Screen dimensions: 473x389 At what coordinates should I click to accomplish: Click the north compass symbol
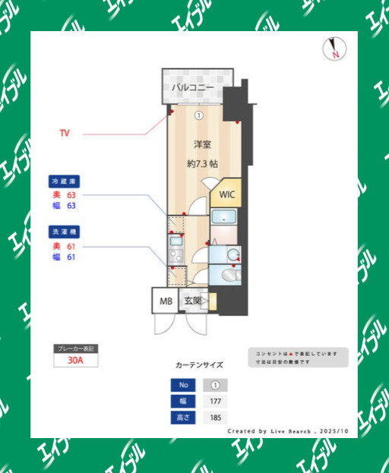tap(334, 49)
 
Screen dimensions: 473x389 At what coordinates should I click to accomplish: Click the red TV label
tap(65, 133)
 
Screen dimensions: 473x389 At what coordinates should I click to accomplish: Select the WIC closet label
tap(227, 194)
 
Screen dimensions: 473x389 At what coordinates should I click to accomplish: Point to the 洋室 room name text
tap(201, 144)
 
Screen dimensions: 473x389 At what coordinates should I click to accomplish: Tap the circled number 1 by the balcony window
tap(198, 115)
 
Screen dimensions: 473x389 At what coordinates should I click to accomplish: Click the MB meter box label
tap(166, 301)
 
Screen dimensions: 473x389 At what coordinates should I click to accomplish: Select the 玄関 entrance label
tap(192, 301)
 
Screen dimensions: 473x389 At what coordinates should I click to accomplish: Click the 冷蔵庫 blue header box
tap(65, 182)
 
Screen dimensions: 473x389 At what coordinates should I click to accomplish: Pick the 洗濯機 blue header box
tap(65, 231)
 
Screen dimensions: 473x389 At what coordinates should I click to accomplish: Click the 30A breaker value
tap(75, 361)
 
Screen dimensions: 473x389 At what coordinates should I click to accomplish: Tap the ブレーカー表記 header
tap(75, 348)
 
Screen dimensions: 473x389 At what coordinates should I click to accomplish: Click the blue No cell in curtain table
tap(182, 385)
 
